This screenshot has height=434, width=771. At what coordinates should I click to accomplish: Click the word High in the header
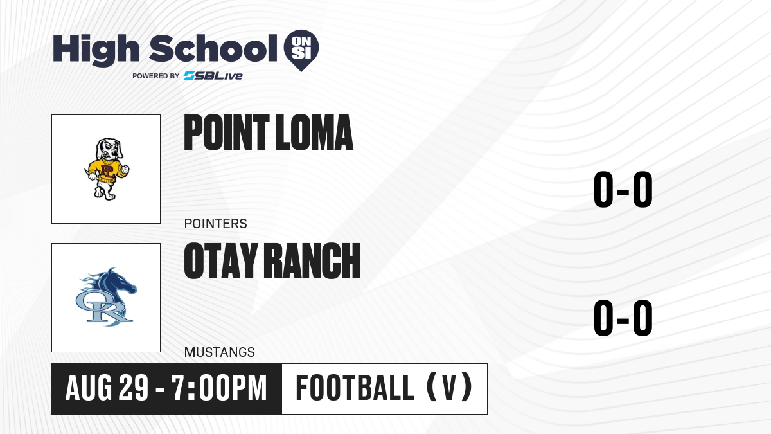[x=96, y=50]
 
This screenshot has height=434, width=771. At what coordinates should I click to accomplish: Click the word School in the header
[x=213, y=48]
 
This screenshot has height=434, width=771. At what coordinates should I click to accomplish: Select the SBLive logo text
[x=213, y=76]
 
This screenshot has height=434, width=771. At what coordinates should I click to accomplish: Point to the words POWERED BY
[x=156, y=76]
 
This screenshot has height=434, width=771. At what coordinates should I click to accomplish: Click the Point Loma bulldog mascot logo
[x=107, y=168]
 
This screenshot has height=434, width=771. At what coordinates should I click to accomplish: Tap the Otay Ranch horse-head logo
[x=106, y=297]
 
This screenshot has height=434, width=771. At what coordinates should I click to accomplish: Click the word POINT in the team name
[x=226, y=132]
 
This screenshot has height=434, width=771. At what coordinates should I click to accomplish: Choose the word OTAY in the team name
[x=221, y=261]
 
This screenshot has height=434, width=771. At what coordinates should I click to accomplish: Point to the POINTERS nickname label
[x=215, y=224]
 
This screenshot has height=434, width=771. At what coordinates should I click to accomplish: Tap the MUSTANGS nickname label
[x=220, y=352]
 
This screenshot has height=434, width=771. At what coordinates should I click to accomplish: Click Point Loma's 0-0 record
[x=623, y=189]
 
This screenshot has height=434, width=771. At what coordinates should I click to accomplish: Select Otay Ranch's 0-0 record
[x=623, y=318]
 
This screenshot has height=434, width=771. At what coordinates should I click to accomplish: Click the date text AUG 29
[x=107, y=388]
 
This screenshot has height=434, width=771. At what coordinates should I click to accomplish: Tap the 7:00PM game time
[x=219, y=388]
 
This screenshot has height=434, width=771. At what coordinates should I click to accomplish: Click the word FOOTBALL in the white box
[x=355, y=388]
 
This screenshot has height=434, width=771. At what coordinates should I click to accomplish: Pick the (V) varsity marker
[x=449, y=387]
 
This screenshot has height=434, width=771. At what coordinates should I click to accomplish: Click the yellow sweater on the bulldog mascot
[x=106, y=170]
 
